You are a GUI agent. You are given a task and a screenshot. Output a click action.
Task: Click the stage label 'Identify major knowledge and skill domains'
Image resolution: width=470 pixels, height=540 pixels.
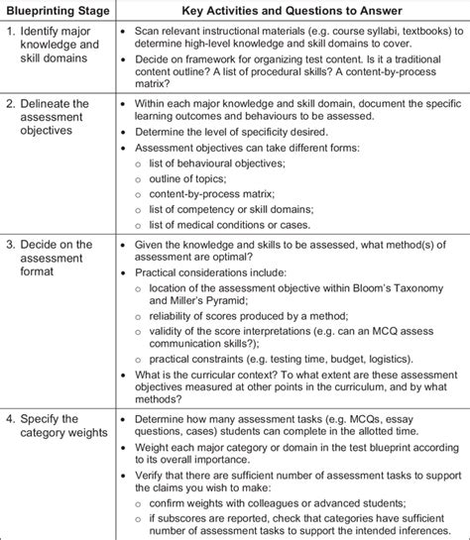coord(56,46)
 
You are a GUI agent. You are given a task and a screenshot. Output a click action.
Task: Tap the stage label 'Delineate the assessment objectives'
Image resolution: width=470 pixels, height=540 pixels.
coord(56,117)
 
